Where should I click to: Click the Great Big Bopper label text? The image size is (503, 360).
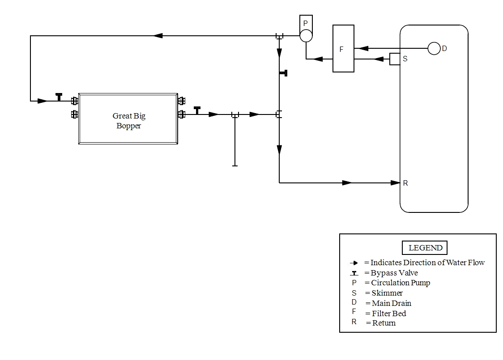(x=129, y=121)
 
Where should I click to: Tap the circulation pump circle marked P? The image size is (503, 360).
(x=306, y=36)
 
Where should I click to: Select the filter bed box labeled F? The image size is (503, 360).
(x=343, y=49)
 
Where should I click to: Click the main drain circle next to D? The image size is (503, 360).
(x=434, y=48)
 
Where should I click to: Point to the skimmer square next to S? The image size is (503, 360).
(x=395, y=59)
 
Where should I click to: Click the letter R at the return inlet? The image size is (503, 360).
(x=405, y=183)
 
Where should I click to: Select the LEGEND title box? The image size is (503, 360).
(x=425, y=248)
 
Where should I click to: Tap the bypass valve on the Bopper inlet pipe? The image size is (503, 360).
(x=59, y=97)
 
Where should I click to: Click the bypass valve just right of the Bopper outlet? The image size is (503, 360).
(x=197, y=110)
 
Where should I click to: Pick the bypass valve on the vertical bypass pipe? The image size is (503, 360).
(x=283, y=73)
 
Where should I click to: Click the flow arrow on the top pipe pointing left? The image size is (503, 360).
(x=158, y=36)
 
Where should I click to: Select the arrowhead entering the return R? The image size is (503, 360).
(x=395, y=182)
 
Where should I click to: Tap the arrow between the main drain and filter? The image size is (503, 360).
(x=363, y=48)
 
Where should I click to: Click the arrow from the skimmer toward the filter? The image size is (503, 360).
(x=378, y=59)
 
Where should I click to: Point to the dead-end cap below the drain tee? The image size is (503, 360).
(x=235, y=165)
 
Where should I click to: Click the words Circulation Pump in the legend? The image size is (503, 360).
(x=401, y=283)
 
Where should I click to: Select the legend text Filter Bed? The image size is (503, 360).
(x=389, y=313)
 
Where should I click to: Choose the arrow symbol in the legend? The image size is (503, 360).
(x=354, y=263)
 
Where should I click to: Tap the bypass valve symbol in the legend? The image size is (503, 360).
(x=354, y=273)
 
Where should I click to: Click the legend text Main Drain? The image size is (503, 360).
(x=392, y=303)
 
